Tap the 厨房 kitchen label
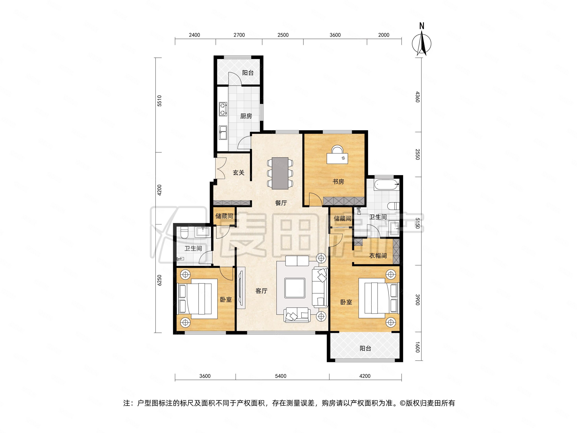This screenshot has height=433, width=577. (246, 116)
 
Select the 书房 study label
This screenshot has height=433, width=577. (338, 182)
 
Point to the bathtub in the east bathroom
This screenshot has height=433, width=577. (387, 185)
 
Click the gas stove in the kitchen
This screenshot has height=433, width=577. (223, 109)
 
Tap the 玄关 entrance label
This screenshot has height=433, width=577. (238, 173)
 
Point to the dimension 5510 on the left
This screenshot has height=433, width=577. (159, 101)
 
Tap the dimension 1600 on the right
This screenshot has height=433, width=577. (418, 347)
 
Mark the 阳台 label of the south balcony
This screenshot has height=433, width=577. (365, 348)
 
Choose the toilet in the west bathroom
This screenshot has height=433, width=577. (184, 233)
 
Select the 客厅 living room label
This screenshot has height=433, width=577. (261, 291)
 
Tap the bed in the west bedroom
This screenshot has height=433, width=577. (198, 299)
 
